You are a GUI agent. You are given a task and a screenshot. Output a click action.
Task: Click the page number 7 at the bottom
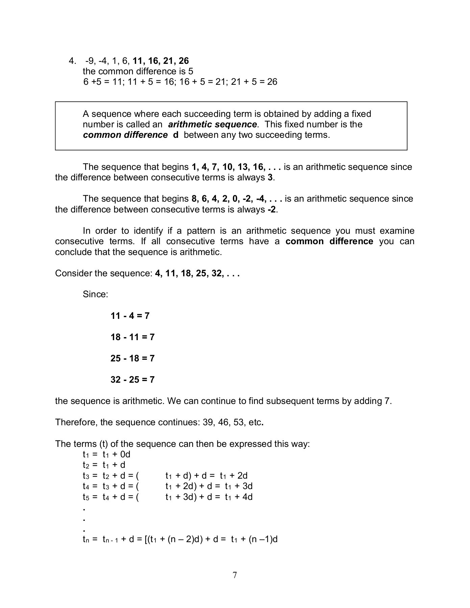point(235,575)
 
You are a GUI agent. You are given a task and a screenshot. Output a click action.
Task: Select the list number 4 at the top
point(72,61)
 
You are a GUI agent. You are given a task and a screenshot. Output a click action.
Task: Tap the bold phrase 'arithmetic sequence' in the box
point(212,125)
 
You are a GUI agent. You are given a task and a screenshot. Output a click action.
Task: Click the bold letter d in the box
point(175,135)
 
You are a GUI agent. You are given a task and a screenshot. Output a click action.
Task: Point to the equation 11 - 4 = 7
point(130,316)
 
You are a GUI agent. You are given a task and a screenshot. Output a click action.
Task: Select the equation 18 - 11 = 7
point(132,337)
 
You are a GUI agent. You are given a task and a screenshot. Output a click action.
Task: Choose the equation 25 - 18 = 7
point(132,359)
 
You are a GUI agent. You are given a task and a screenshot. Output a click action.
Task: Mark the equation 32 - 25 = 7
point(132,380)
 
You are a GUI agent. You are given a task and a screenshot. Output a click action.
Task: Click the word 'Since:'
point(95,295)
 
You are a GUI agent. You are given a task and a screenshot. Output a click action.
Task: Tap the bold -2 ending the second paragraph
point(271,210)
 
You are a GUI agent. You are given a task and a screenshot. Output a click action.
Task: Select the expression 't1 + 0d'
point(116,455)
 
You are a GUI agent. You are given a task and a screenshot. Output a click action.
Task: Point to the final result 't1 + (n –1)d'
point(254,539)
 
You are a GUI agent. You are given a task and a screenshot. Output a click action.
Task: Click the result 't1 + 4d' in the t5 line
point(239,497)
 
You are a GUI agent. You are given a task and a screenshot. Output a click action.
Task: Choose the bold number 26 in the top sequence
point(184,61)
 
